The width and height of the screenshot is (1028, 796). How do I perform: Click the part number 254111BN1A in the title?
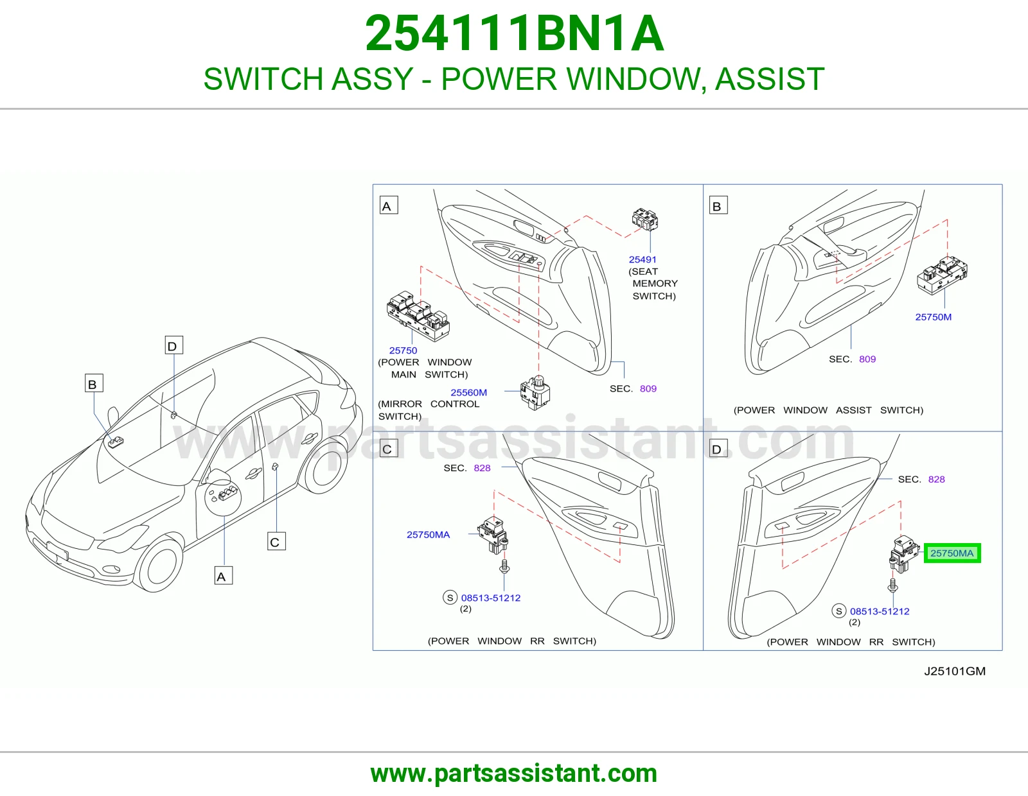514,33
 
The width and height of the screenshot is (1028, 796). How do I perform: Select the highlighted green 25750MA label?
952,553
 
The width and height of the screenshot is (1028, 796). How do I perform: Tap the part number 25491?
642,259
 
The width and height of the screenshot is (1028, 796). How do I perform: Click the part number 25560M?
468,392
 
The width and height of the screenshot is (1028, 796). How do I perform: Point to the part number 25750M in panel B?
934,317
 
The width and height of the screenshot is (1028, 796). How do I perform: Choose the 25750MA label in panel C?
428,535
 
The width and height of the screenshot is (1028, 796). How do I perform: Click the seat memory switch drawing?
645,219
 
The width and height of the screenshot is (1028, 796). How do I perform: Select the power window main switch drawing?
418,316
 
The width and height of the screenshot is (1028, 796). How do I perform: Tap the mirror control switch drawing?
535,392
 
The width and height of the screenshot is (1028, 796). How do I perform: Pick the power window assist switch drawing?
942,275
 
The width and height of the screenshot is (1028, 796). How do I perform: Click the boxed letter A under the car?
224,576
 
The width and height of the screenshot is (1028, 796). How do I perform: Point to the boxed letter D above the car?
173,345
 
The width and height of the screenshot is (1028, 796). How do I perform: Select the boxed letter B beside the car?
94,383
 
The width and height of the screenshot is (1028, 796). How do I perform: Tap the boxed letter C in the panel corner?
389,448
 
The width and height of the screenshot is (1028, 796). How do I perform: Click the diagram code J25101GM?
955,671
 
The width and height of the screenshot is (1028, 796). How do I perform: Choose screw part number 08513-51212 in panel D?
880,611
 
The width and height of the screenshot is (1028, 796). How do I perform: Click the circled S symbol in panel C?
450,598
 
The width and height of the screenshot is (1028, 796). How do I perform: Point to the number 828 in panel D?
936,480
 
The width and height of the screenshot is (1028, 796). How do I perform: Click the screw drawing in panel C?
504,566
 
